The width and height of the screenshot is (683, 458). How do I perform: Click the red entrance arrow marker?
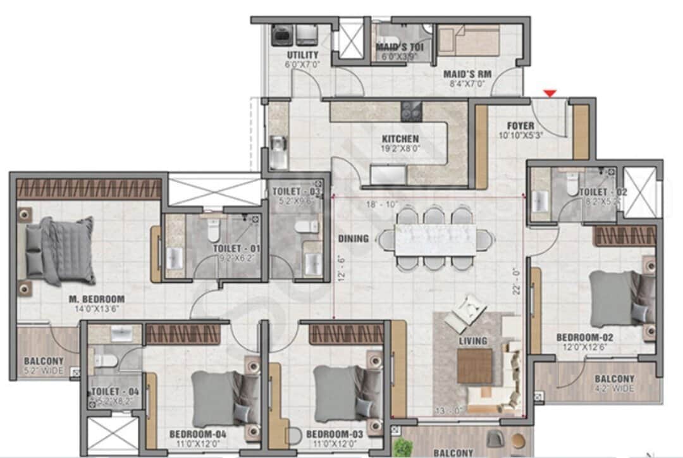(x=550, y=94)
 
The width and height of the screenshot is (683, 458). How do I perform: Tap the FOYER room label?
(x=520, y=126)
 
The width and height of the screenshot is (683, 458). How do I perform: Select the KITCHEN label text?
(x=400, y=139)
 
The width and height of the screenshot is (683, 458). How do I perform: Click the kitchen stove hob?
(x=411, y=111)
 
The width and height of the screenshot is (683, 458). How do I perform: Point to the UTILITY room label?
(x=302, y=55)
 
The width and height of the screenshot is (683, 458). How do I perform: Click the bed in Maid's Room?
(x=469, y=39)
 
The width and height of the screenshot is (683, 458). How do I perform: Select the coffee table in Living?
(x=474, y=366)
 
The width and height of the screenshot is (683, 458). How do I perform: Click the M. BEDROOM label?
(x=97, y=299)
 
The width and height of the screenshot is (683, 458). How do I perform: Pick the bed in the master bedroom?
(x=60, y=249)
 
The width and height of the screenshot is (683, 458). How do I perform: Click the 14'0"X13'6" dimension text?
(x=97, y=309)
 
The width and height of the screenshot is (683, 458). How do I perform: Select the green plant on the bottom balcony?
(x=400, y=447)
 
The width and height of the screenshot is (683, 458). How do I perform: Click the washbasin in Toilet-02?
(x=539, y=202)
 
